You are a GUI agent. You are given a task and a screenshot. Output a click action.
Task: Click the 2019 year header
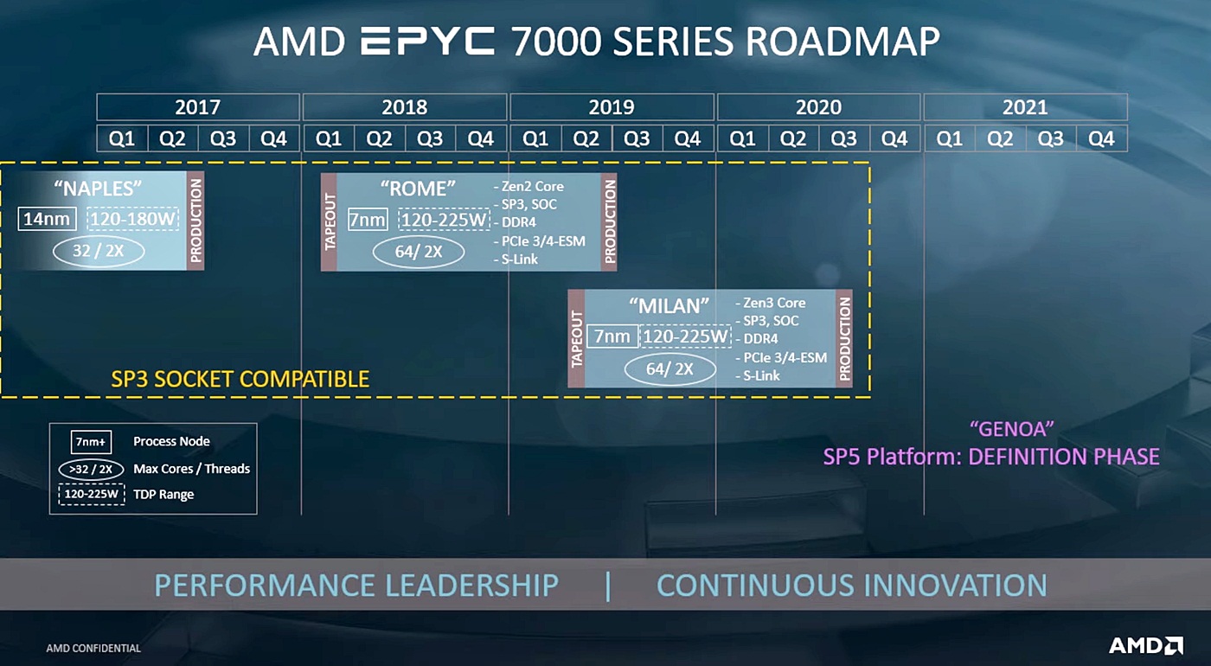point(612,107)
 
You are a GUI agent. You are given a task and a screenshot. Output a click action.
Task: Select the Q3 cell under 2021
point(1051,138)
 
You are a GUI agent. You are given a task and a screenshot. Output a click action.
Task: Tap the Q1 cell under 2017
point(122,138)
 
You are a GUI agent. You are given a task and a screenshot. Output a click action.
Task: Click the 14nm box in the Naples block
point(47,219)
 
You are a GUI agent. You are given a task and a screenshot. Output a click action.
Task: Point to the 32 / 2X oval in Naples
point(98,251)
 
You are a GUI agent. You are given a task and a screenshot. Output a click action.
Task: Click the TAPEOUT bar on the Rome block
point(330,221)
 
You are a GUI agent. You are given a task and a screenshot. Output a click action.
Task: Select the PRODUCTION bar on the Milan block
point(844,337)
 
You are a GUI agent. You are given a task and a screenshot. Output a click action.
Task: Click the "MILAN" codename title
point(669,305)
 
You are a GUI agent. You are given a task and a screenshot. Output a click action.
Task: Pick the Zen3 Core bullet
point(773,303)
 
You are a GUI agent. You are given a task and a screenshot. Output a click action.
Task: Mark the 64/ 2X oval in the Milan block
point(670,369)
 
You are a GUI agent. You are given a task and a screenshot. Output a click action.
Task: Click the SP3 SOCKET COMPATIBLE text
point(240,379)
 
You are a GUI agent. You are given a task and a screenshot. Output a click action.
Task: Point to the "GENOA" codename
point(1011,428)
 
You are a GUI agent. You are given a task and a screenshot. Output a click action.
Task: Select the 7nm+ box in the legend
point(91,442)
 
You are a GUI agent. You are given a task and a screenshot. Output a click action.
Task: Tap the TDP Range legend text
point(163,495)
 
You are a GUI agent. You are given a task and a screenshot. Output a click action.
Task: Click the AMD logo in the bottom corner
point(1146,645)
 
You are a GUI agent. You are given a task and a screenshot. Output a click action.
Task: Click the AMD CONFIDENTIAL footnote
point(93,648)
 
